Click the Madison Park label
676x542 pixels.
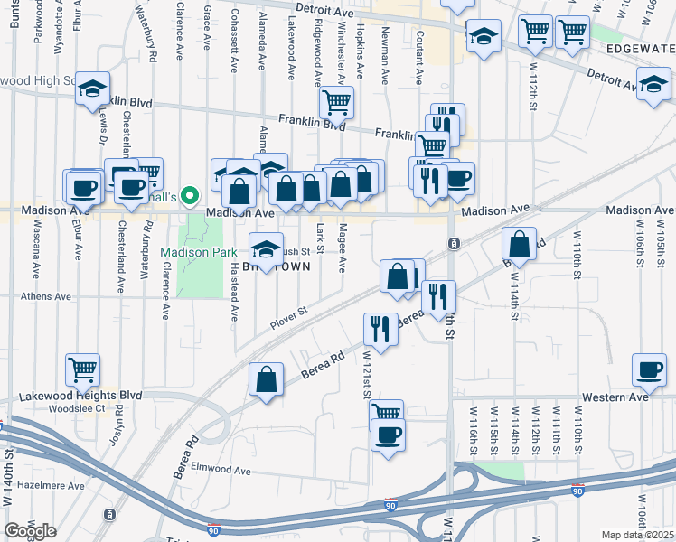coord(199,252)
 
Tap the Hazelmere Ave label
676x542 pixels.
coord(47,486)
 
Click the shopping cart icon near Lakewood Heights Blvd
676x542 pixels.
coord(82,369)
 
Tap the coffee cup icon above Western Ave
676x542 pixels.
coord(649,369)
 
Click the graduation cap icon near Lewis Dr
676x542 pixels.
coord(92,88)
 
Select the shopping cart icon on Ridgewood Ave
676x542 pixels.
coord(336,103)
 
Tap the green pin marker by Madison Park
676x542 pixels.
coord(189,194)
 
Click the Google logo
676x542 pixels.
coord(30,531)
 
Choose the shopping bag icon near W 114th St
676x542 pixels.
coord(521,243)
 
